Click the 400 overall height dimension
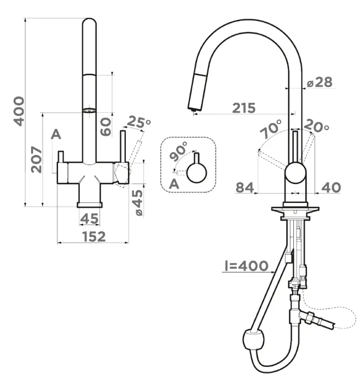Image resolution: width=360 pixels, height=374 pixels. pyautogui.click(x=19, y=111)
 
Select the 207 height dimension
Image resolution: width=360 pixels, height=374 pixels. pyautogui.click(x=36, y=159)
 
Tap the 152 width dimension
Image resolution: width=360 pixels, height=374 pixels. pyautogui.click(x=94, y=236)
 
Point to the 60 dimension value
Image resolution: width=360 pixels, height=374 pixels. pyautogui.click(x=106, y=127)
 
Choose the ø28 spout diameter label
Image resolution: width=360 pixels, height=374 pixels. pyautogui.click(x=320, y=82)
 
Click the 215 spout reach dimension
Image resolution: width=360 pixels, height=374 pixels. pyautogui.click(x=244, y=108)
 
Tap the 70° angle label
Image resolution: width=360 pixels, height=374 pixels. pyautogui.click(x=271, y=129)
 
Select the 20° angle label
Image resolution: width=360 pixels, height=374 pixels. pyautogui.click(x=317, y=125)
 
